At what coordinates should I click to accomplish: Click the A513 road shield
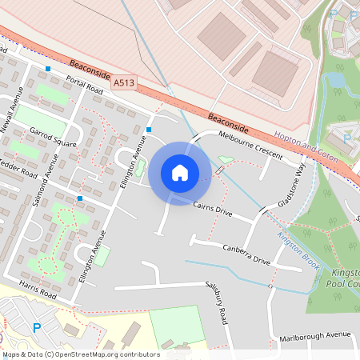123,82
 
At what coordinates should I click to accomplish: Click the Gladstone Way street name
290,186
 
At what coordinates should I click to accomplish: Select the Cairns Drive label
212,210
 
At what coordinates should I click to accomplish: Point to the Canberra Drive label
246,254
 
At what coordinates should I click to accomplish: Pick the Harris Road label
38,290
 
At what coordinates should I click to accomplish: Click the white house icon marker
180,172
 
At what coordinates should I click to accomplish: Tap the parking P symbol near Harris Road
36,327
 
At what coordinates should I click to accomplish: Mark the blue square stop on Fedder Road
80,198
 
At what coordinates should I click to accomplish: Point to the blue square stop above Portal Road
48,69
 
